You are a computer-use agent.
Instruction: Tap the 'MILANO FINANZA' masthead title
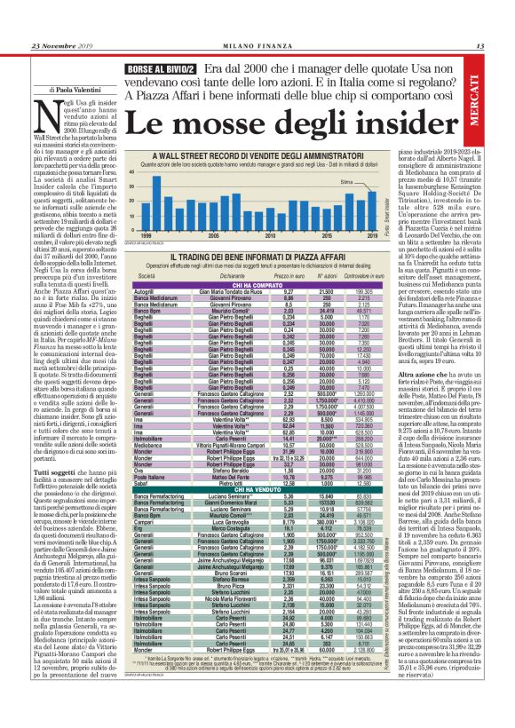[x=257, y=46]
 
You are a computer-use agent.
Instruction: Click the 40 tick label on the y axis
[x=131, y=173]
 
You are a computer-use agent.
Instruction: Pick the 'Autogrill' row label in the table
[x=143, y=290]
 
